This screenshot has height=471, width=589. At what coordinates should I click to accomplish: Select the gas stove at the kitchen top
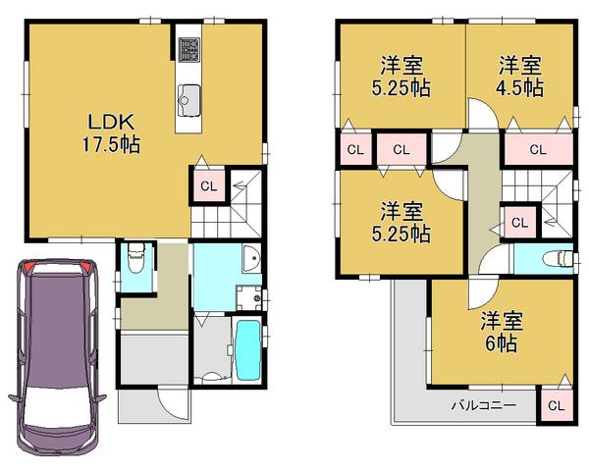189,48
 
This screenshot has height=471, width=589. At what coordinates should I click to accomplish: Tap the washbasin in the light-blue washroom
249,263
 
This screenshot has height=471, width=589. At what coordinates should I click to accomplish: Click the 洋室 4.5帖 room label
520,77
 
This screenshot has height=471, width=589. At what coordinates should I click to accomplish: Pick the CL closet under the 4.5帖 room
537,150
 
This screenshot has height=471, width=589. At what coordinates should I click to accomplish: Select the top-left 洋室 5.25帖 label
402,77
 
